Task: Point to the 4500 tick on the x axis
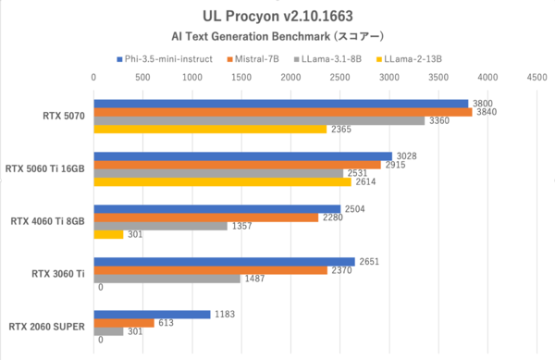(536, 79)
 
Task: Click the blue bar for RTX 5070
(280, 103)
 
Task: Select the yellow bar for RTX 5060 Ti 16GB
(222, 182)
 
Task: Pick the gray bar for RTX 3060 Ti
(166, 279)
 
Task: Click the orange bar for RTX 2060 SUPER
(124, 323)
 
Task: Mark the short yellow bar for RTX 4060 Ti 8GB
(108, 235)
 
